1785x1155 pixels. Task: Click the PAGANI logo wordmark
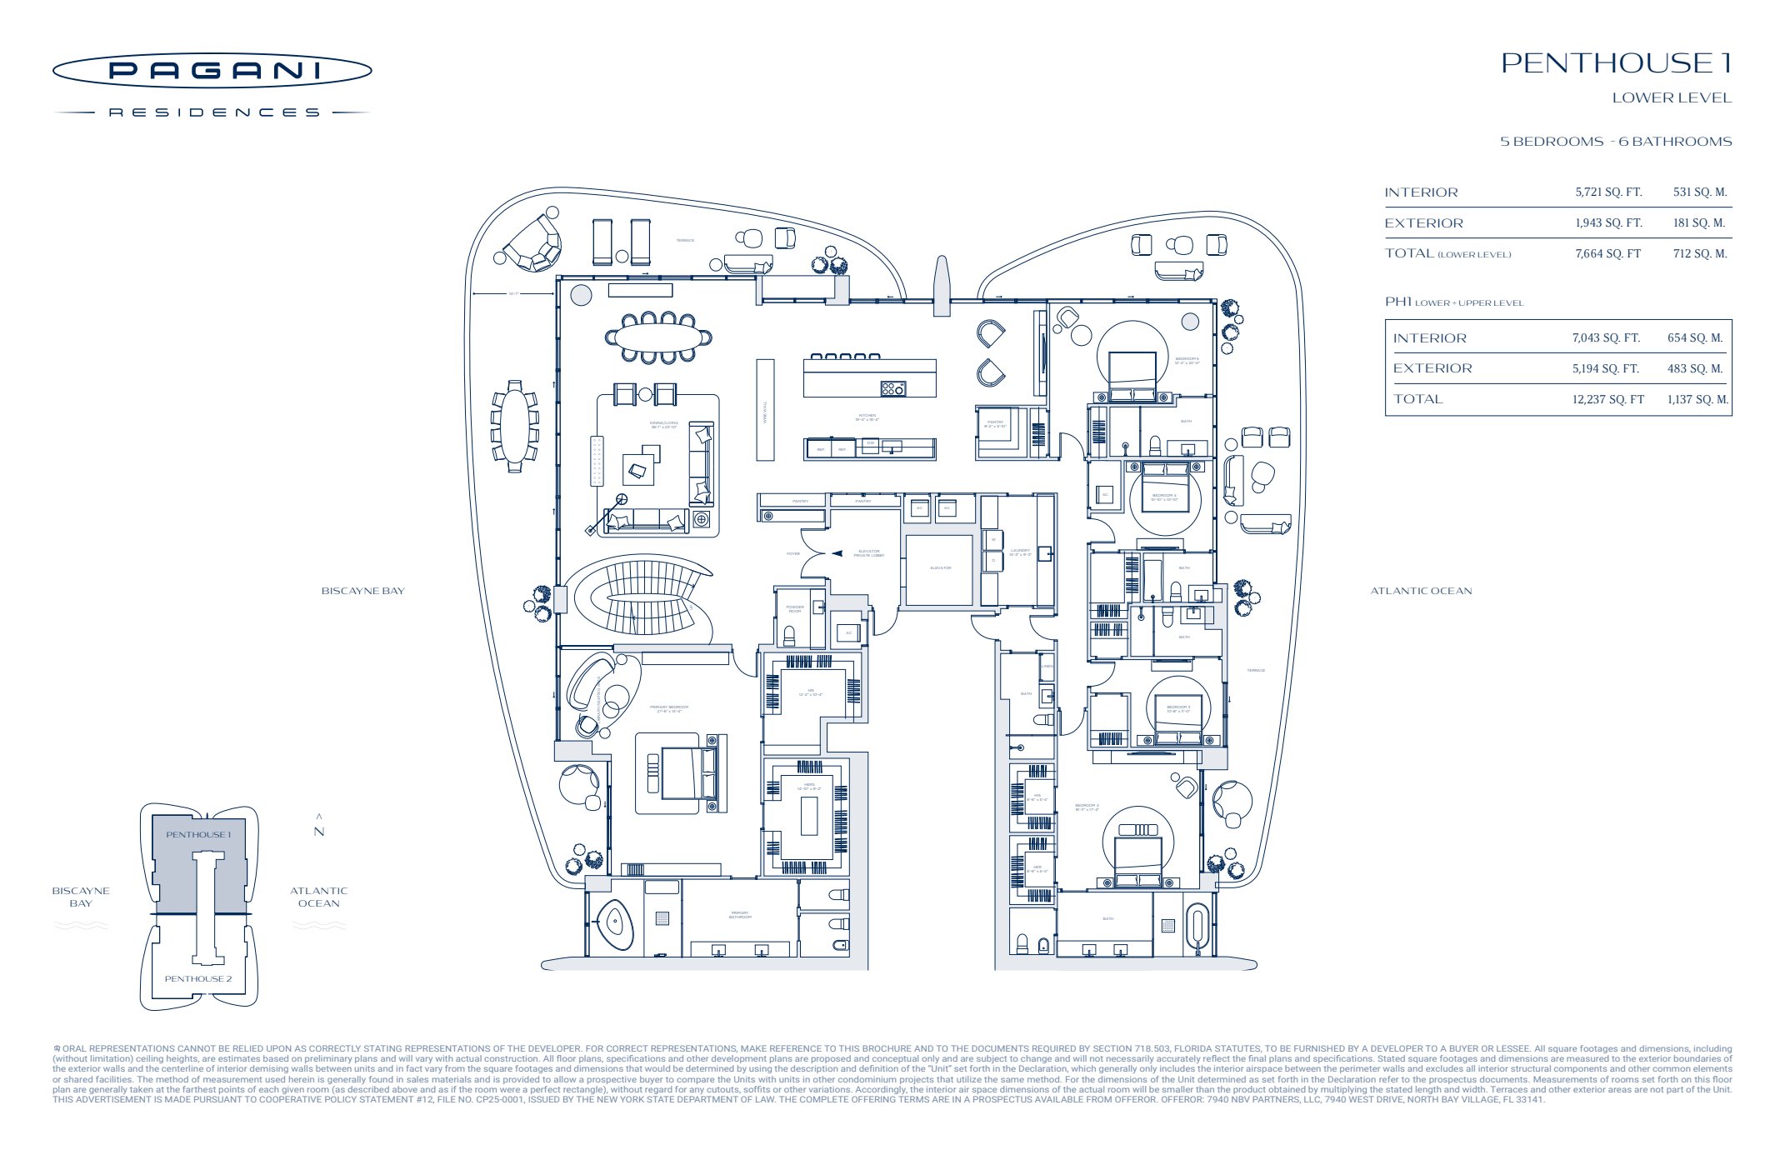(x=212, y=71)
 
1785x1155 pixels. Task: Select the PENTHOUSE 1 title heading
(x=1616, y=63)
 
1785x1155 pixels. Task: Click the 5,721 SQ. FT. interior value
(x=1607, y=192)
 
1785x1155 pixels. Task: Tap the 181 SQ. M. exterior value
(x=1698, y=223)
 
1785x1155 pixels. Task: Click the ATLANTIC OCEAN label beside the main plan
(x=1421, y=591)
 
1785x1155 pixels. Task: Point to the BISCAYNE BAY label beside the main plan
(x=362, y=591)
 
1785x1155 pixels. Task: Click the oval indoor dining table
(x=658, y=337)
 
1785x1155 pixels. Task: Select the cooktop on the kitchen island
(x=892, y=388)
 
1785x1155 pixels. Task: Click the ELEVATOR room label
(x=940, y=568)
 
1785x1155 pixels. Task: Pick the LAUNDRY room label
(x=1020, y=552)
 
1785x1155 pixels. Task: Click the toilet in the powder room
(x=789, y=637)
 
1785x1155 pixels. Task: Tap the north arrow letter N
(x=319, y=832)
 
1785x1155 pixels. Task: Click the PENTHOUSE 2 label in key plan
(x=198, y=979)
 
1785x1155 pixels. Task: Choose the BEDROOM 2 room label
(x=1087, y=807)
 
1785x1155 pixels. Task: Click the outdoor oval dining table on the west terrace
(x=514, y=426)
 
